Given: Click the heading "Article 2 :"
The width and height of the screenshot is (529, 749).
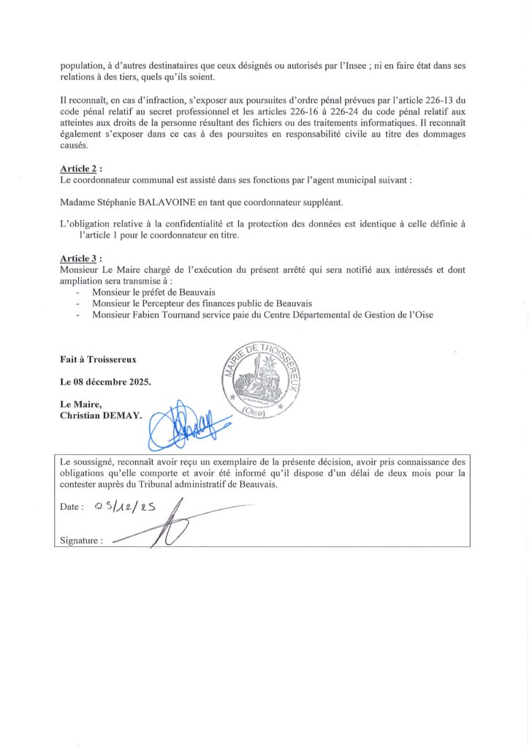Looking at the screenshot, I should [81, 168].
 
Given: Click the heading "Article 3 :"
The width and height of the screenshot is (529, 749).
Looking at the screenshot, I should [81, 259].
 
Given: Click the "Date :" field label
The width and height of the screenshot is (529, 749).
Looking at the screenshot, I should [72, 506].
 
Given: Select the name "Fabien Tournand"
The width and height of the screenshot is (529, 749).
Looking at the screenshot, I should [169, 315].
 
